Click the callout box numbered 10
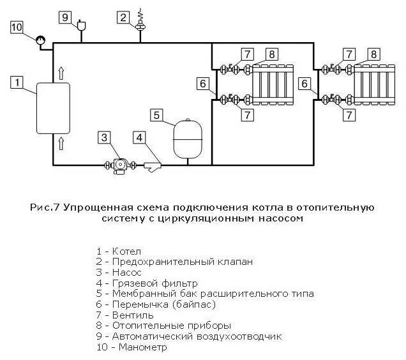click(x=17, y=27)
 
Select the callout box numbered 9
click(x=66, y=17)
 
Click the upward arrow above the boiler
click(x=62, y=73)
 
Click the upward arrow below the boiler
click(x=62, y=142)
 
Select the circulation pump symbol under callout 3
click(x=119, y=165)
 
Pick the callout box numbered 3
click(x=105, y=137)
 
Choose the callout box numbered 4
click(x=139, y=137)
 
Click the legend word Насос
click(x=127, y=272)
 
